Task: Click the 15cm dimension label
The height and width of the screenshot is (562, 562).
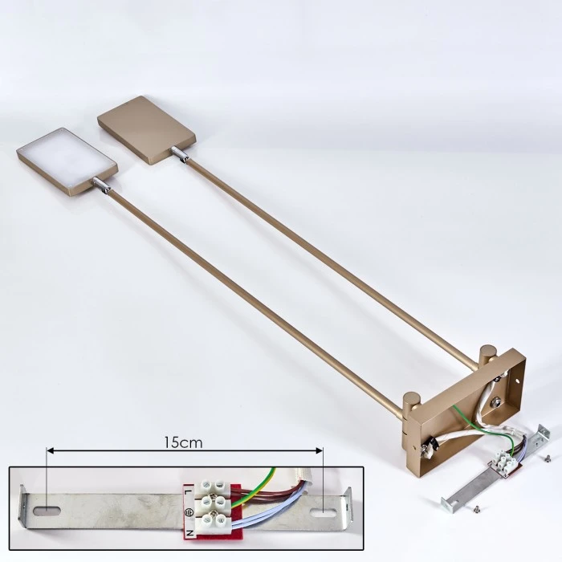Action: coord(183,442)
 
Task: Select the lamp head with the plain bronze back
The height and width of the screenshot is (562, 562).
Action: coord(147,130)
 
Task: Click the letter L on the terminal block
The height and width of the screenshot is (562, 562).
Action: coord(189,491)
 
